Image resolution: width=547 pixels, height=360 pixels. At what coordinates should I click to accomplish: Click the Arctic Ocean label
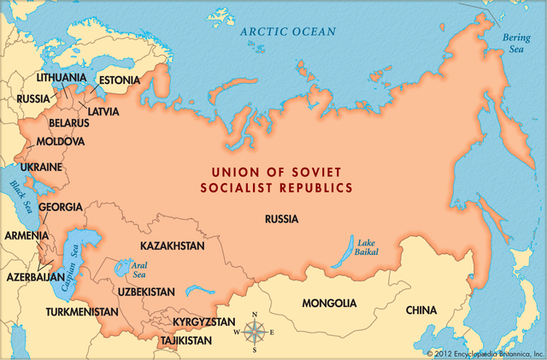click(287, 32)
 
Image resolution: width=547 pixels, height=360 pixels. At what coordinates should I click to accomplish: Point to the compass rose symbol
click(254, 333)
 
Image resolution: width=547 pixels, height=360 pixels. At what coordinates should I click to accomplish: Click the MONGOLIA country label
click(329, 304)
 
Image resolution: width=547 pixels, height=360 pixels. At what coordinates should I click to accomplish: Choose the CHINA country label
click(421, 310)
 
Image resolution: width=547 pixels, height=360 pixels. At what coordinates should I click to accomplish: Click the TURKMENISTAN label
click(82, 312)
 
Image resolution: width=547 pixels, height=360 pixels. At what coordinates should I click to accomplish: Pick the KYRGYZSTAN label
click(203, 322)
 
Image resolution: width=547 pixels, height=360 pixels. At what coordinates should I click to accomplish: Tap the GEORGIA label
click(61, 207)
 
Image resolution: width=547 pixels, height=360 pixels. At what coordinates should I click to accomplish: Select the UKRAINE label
click(41, 167)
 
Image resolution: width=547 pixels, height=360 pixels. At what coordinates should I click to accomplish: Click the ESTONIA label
click(119, 80)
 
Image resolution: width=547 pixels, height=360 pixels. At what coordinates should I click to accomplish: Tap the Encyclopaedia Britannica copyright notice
click(484, 352)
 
